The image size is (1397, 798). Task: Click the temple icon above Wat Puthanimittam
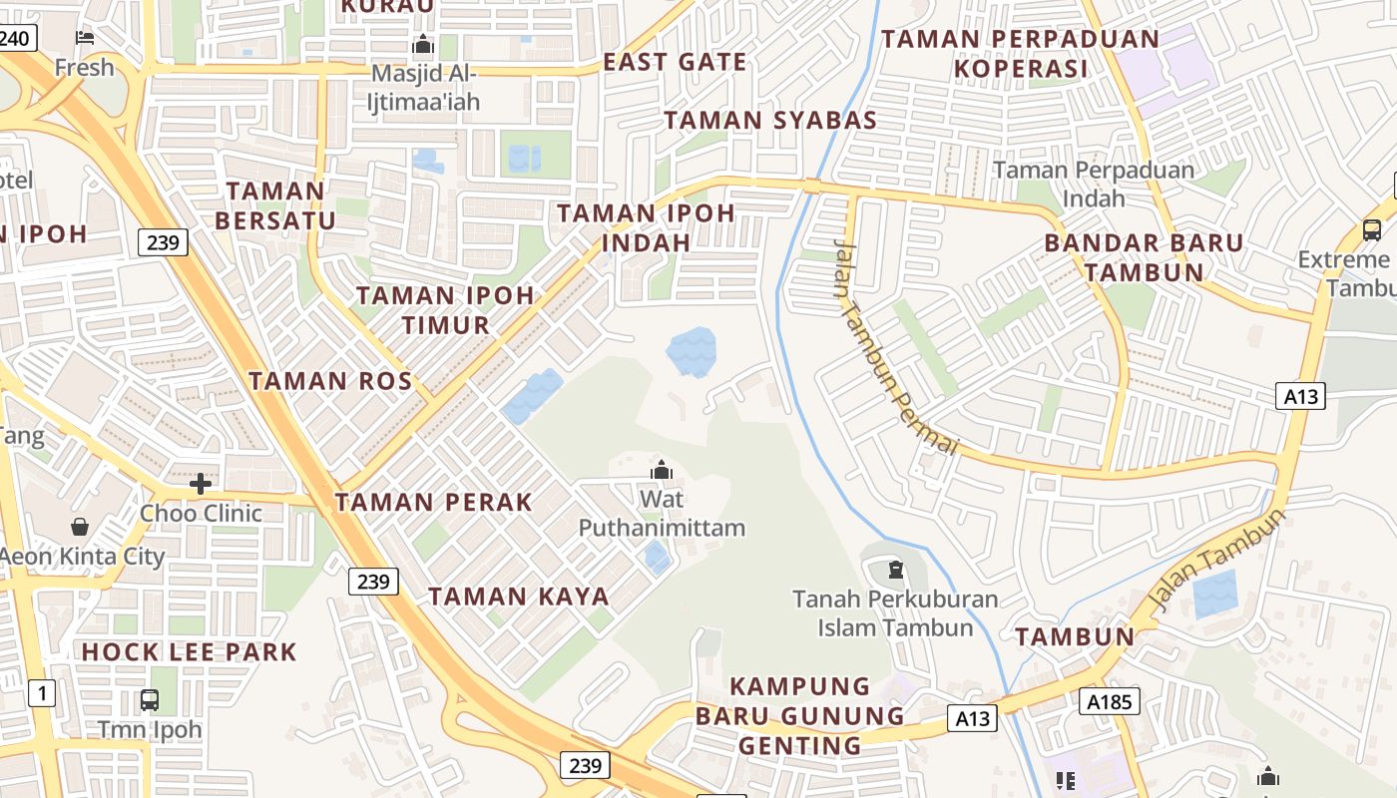tap(661, 469)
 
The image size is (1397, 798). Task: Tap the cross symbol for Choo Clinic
tap(201, 484)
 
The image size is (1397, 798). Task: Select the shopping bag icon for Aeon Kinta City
tap(80, 526)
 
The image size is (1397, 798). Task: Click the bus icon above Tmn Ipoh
tap(150, 699)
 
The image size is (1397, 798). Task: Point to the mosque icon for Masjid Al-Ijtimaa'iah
tap(423, 45)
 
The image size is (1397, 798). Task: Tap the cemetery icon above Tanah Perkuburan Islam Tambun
tap(895, 571)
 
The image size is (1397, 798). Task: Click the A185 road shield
tap(1109, 702)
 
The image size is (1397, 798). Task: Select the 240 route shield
tap(16, 38)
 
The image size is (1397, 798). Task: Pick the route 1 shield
tap(41, 692)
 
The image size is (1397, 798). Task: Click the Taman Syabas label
tap(770, 121)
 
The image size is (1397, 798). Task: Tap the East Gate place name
tap(675, 62)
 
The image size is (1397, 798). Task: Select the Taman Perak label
tap(434, 502)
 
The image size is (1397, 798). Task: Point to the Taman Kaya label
tap(518, 597)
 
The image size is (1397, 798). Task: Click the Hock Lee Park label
tap(189, 652)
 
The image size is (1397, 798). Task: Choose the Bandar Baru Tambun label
tap(1144, 257)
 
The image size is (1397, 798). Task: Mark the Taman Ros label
tap(330, 380)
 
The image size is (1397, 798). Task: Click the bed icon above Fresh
tap(85, 38)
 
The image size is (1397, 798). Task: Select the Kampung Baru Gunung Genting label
tap(799, 715)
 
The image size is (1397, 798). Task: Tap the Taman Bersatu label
tap(275, 205)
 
